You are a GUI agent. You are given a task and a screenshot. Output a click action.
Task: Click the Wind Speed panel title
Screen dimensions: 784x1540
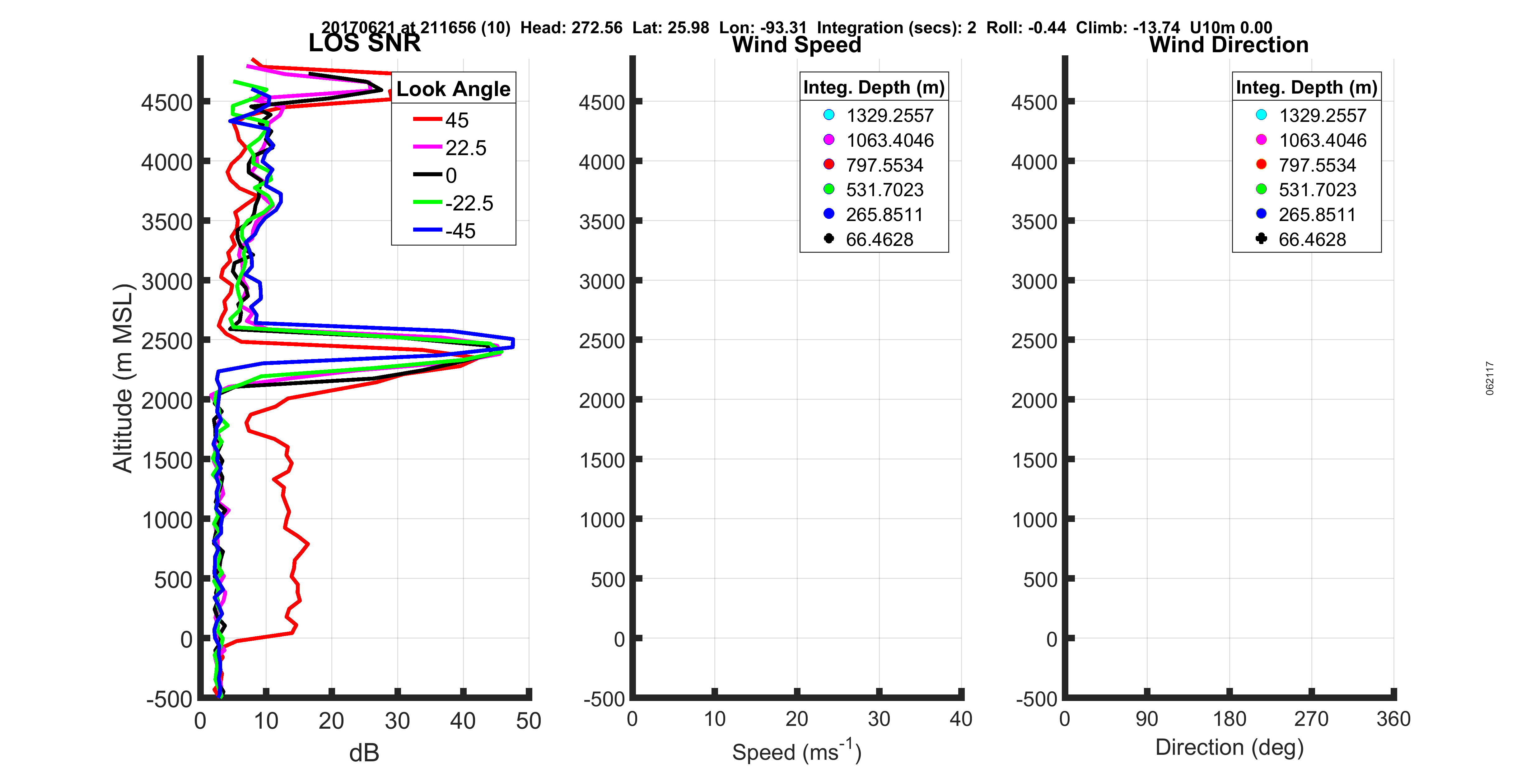[x=796, y=45]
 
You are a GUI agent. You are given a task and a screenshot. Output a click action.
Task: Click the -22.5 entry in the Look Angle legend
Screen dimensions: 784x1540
[x=469, y=203]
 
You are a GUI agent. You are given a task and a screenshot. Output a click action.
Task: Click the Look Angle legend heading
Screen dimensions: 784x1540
[x=453, y=89]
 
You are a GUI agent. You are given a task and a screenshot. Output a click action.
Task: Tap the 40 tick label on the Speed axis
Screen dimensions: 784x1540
[x=961, y=719]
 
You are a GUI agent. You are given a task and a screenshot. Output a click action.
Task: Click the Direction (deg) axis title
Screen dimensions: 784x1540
[x=1229, y=748]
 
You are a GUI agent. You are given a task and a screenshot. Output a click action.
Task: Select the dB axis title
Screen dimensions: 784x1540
[x=364, y=753]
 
